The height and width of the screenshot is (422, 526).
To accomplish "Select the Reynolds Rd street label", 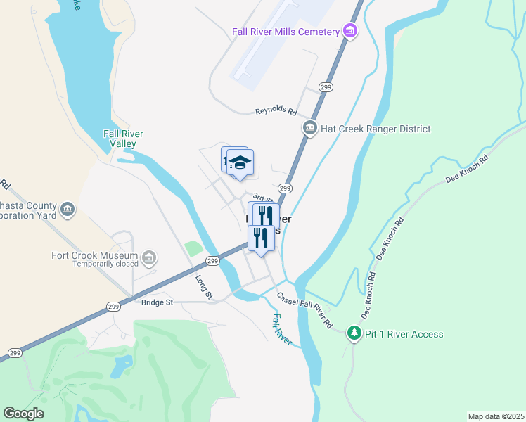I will coord(276,111).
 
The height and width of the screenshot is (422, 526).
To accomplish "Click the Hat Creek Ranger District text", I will coord(376,129).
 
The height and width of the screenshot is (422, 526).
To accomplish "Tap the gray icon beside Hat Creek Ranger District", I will coord(309,128).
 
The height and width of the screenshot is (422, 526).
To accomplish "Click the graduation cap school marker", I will coord(240,162).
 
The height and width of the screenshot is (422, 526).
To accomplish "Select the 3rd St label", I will coord(262,197).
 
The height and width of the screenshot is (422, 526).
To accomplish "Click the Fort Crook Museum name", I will coord(94,255).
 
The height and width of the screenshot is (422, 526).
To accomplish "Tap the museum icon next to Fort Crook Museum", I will coord(148,259).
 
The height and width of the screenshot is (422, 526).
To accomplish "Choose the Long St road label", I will coord(204,286).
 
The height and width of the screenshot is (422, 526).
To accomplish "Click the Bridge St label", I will coord(156,302).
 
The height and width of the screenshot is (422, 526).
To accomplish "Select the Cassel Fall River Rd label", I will coord(304,310).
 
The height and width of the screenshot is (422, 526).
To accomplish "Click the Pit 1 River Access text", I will coord(404,334).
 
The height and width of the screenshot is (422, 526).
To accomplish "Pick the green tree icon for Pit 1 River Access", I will coord(355,333).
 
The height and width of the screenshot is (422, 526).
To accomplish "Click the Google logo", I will coord(23,414).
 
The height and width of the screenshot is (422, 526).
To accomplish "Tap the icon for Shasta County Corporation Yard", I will coord(68,209).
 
